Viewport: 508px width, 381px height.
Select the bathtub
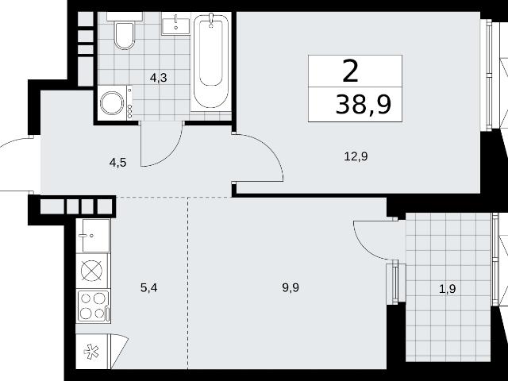coord(210,61)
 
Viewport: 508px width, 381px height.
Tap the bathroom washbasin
coord(175,26)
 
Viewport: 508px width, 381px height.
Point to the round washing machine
coord(112,103)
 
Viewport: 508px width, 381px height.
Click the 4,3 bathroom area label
coord(159,78)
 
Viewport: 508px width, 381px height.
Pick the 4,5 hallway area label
coord(117,162)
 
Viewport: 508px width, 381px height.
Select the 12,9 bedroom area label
coord(356,157)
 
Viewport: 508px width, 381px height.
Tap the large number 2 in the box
coord(351,71)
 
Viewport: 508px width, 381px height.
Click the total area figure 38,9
coord(364,105)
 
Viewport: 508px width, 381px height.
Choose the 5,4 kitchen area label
coord(149,287)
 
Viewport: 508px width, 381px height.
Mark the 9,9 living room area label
coord(291,287)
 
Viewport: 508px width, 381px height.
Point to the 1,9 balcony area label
coord(448,288)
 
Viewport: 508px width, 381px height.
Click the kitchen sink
coord(96,236)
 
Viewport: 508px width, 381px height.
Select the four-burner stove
coord(94,306)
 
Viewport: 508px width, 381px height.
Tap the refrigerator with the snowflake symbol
coord(92,352)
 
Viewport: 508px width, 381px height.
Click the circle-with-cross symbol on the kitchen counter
coord(92,271)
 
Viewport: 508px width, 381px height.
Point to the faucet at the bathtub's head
coord(211,20)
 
